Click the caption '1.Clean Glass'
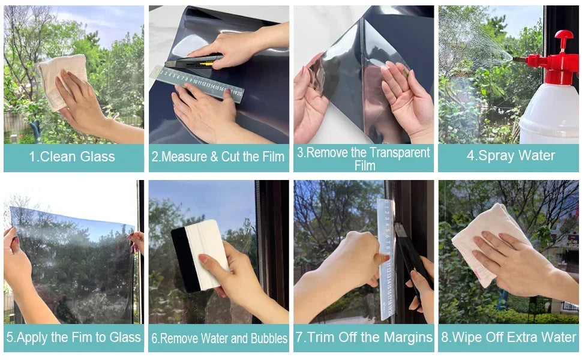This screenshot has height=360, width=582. [72, 157]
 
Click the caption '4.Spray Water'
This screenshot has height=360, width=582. [511, 156]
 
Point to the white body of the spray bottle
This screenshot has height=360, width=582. [549, 114]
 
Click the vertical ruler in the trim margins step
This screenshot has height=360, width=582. [385, 258]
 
